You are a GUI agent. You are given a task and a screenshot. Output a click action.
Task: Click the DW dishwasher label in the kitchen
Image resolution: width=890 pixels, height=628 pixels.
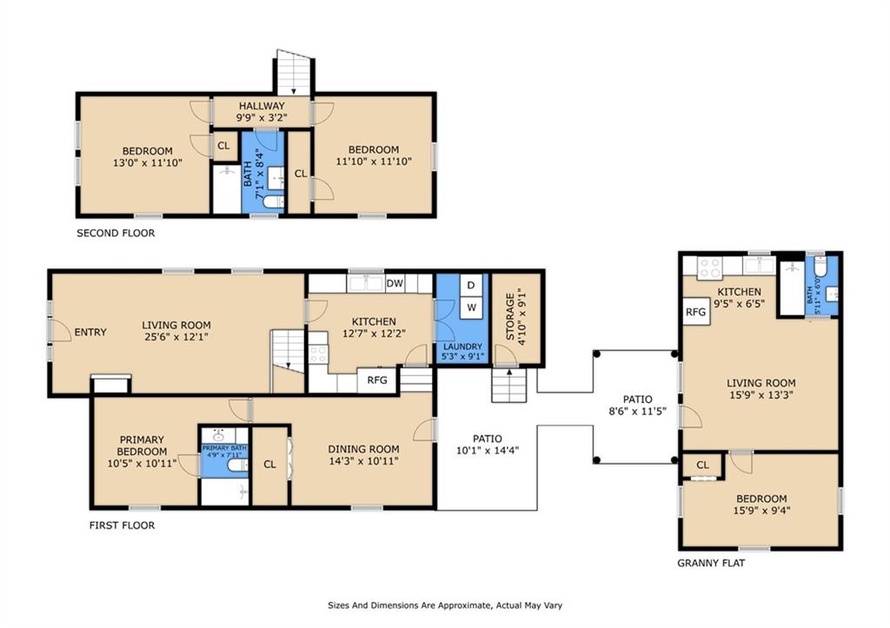click(395, 283)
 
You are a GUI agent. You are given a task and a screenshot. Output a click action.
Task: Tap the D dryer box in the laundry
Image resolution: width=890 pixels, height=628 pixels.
click(470, 285)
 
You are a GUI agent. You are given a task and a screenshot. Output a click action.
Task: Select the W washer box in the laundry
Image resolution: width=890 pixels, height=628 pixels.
click(471, 307)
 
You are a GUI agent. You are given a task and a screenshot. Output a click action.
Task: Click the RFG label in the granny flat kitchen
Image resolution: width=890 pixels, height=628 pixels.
click(696, 312)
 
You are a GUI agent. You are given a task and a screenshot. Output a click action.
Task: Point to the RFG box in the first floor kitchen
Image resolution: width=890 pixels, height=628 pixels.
click(377, 380)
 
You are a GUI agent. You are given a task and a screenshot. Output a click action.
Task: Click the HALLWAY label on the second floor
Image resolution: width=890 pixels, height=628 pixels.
click(262, 105)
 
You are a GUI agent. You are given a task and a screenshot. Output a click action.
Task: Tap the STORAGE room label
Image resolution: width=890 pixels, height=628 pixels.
click(509, 316)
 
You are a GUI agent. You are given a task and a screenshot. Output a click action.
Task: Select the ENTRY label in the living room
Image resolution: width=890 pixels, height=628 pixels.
click(90, 332)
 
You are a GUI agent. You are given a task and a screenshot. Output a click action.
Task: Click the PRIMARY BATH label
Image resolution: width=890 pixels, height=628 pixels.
click(225, 448)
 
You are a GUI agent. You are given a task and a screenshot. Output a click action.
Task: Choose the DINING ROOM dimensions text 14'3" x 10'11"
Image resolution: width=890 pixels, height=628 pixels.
click(364, 461)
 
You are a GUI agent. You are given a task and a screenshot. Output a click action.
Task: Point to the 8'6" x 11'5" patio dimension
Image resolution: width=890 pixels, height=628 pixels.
click(637, 412)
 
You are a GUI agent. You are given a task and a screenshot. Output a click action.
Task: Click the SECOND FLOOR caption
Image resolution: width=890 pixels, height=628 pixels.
click(116, 233)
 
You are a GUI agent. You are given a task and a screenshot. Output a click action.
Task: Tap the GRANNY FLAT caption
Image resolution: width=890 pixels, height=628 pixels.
click(711, 564)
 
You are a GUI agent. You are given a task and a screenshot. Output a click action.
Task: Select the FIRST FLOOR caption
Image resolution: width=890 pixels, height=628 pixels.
click(122, 526)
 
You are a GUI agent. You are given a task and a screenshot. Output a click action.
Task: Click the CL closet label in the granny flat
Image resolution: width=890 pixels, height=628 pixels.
click(702, 466)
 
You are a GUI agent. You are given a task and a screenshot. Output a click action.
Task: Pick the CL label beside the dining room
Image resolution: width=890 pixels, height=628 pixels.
click(269, 464)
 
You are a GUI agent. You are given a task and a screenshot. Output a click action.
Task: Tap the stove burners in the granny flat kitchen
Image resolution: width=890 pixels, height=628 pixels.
click(709, 268)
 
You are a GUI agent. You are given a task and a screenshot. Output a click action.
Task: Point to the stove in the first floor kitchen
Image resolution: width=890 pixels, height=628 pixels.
click(318, 348)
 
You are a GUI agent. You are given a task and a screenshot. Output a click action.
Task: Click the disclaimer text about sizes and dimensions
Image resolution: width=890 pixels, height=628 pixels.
click(445, 605)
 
